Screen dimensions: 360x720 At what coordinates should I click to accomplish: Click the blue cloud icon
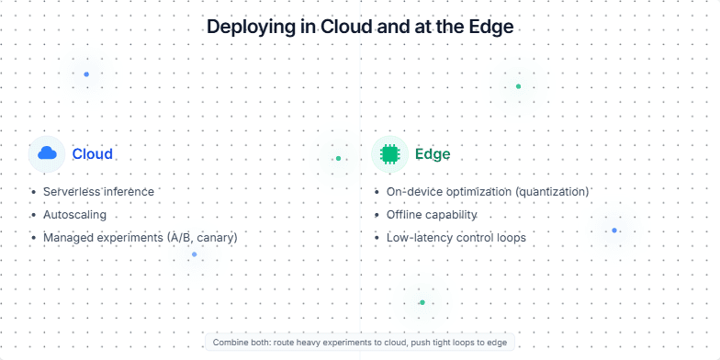[47, 153]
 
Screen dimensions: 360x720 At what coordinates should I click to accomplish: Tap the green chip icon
[389, 153]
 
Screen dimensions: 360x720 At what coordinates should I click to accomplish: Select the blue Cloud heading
[92, 153]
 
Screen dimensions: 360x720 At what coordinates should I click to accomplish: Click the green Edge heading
[433, 153]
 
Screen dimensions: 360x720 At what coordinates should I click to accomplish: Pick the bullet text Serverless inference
[98, 191]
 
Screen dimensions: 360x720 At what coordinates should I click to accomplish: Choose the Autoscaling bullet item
[74, 214]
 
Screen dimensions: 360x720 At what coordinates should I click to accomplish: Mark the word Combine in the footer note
[230, 342]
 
